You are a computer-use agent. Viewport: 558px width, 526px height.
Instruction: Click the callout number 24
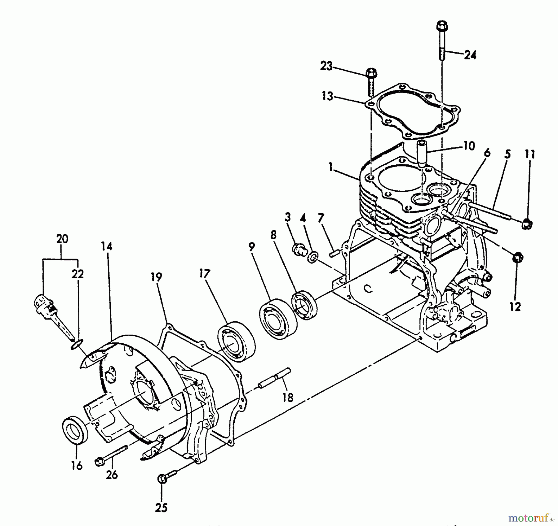pos(470,55)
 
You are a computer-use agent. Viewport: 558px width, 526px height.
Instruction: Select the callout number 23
pos(326,66)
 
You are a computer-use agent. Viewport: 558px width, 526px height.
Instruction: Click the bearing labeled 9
pos(278,320)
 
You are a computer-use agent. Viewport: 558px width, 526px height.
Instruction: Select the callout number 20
pos(62,239)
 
